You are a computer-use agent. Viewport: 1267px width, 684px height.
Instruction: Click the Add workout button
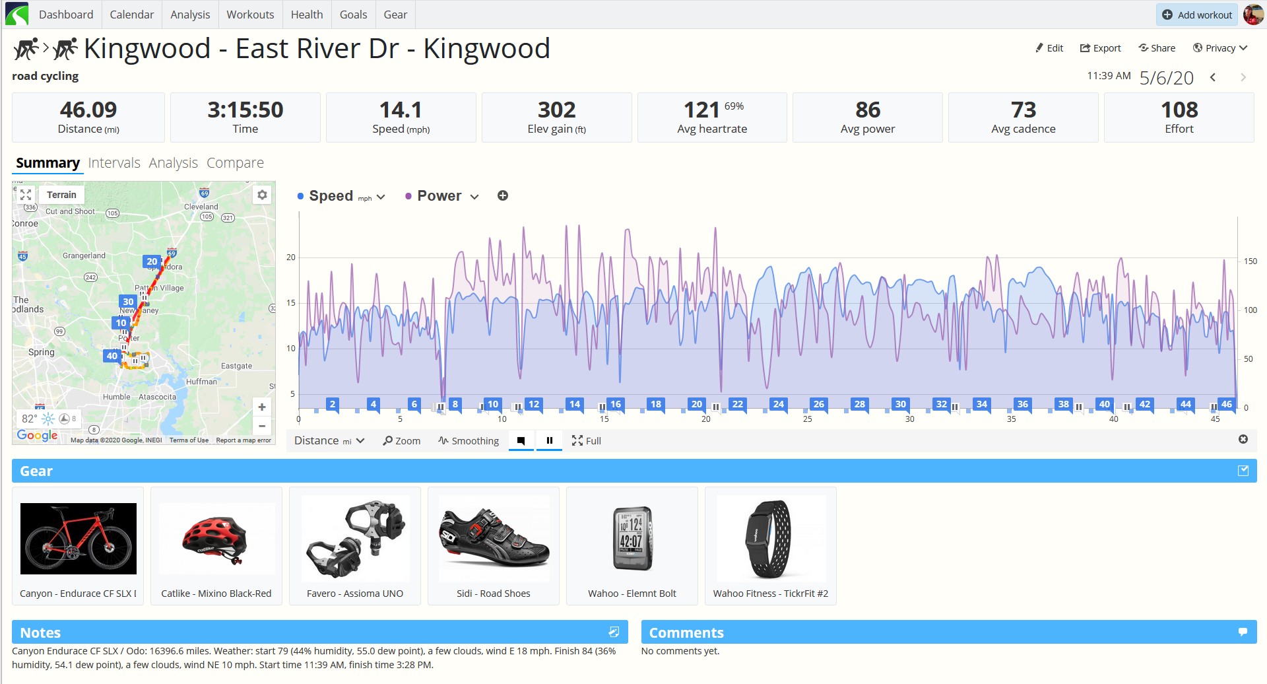[1197, 15]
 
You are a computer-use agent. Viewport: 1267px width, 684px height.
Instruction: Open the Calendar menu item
[131, 15]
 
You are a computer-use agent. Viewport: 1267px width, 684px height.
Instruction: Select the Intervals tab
[114, 163]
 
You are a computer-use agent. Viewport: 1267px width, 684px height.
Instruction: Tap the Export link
[1100, 48]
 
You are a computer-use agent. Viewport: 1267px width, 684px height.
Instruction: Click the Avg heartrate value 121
[701, 110]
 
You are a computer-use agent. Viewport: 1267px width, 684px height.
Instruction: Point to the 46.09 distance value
[88, 110]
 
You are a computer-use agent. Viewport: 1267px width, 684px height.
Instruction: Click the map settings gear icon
[263, 195]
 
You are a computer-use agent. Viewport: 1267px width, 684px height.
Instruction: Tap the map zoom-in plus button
[262, 407]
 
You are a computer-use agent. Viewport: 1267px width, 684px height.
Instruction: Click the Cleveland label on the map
[201, 207]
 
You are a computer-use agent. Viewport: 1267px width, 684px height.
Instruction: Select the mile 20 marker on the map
[152, 261]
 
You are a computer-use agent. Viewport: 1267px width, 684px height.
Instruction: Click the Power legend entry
[439, 196]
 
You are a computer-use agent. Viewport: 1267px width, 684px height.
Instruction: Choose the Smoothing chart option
[469, 441]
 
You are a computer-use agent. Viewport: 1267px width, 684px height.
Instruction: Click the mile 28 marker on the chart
[859, 404]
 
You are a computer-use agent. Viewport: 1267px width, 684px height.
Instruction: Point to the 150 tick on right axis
[1251, 261]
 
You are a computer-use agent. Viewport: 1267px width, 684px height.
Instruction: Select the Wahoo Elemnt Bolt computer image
[633, 538]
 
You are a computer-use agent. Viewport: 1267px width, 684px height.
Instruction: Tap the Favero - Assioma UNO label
[355, 594]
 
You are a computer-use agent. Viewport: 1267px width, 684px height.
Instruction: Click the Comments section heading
[686, 633]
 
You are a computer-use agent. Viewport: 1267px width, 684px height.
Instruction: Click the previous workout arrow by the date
[1213, 77]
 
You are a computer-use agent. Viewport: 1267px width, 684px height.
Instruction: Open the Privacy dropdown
[1220, 48]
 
